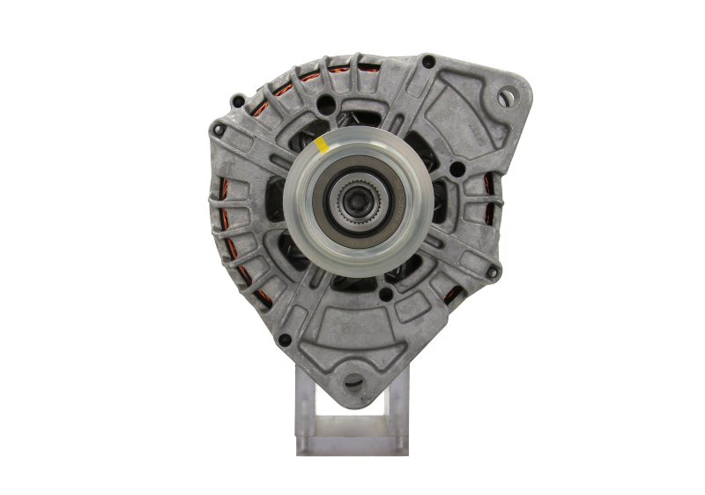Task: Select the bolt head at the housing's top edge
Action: [428, 62]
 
